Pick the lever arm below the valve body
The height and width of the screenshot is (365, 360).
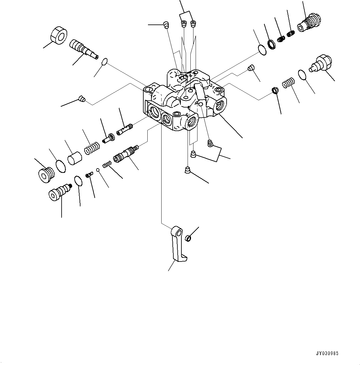point(177,245)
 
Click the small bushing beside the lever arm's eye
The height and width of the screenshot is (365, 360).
point(188,238)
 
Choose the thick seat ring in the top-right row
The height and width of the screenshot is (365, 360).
point(271,44)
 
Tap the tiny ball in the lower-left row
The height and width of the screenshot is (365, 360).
point(97,169)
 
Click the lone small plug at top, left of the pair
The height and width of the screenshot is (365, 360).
point(166,24)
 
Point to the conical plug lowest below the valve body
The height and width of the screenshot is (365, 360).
point(188,170)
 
